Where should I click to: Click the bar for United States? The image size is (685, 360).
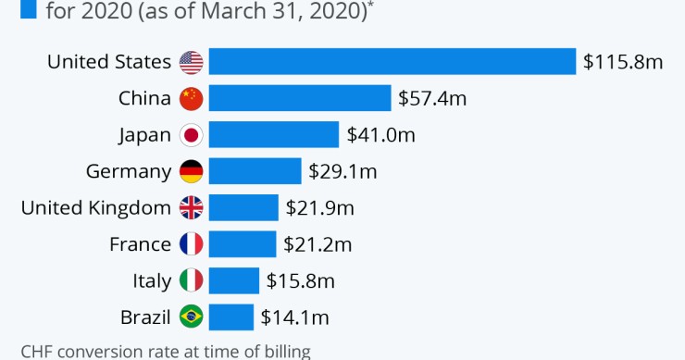tap(392, 62)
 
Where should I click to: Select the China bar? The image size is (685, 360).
tap(300, 98)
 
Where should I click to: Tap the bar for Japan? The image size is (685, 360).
tap(274, 134)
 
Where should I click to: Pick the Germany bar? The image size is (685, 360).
tap(255, 171)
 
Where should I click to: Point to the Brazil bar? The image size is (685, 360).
tap(231, 317)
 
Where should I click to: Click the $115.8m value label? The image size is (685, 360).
tap(623, 62)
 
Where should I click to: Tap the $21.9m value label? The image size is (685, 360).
tap(319, 207)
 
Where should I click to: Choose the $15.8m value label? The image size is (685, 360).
tap(300, 280)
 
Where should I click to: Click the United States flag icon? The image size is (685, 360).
tap(191, 62)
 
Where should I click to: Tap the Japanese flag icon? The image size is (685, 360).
tap(191, 135)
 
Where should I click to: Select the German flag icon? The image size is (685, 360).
tap(191, 171)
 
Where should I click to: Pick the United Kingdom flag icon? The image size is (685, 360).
tap(191, 208)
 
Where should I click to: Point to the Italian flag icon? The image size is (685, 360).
tap(191, 280)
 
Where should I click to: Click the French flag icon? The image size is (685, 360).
tap(191, 244)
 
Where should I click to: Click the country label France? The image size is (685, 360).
tap(141, 244)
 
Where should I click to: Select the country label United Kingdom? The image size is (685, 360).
tap(96, 208)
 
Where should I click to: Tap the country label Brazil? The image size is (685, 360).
tap(145, 317)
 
